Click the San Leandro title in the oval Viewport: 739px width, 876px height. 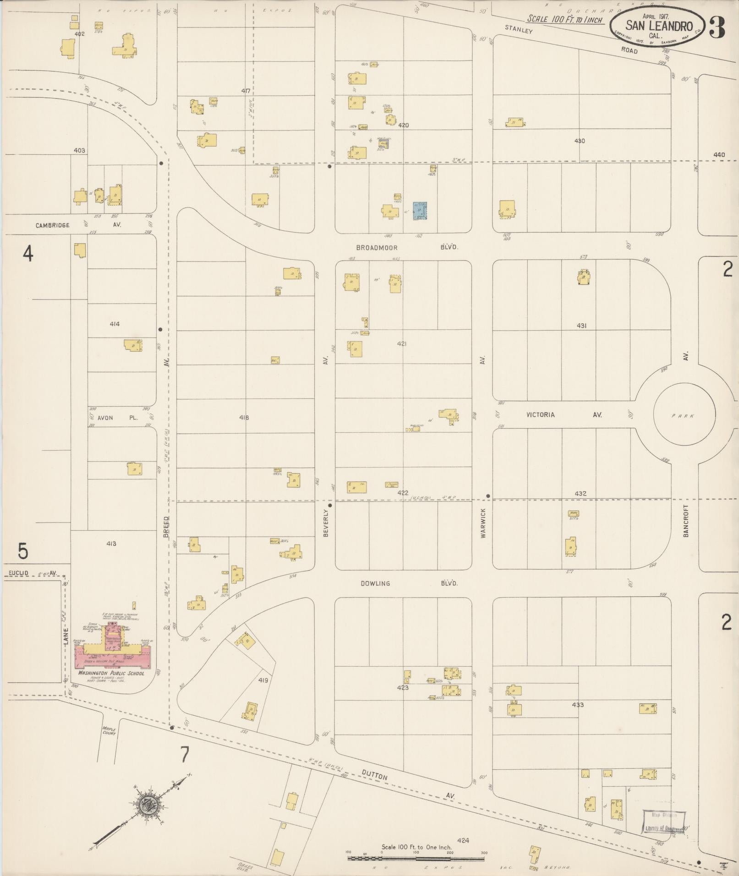click(659, 26)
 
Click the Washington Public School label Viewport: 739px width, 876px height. click(111, 673)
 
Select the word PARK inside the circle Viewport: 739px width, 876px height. click(683, 416)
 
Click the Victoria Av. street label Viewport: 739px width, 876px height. click(564, 415)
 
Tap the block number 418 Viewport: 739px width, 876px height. click(244, 417)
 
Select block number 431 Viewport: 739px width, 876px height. click(581, 326)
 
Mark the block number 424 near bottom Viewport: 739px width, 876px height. click(463, 840)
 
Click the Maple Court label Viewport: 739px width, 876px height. click(109, 731)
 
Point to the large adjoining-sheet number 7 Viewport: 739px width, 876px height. click(184, 755)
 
